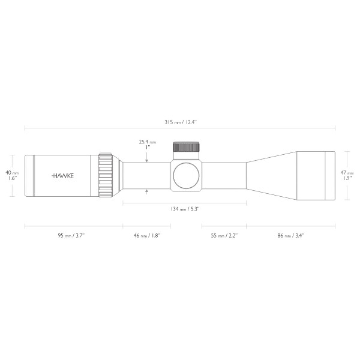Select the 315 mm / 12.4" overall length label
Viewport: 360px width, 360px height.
tap(181, 122)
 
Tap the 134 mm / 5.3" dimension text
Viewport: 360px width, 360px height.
tap(184, 208)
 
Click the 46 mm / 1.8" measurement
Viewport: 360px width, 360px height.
tap(146, 236)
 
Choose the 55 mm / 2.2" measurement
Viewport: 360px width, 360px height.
tap(224, 236)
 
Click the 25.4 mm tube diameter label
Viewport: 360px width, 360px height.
tap(147, 142)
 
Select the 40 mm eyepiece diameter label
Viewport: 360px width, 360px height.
tap(12, 172)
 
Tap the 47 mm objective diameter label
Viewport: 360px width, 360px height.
tap(347, 172)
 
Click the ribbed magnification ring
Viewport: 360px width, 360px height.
tap(106, 175)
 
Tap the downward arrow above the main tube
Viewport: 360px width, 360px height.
tap(147, 159)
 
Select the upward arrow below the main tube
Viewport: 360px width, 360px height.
tap(147, 191)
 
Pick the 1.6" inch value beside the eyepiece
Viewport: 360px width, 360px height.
tap(12, 179)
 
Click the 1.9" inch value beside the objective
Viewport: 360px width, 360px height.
tap(347, 179)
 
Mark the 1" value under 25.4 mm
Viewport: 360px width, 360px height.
tap(147, 149)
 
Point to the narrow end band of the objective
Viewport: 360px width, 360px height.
tap(329, 175)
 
